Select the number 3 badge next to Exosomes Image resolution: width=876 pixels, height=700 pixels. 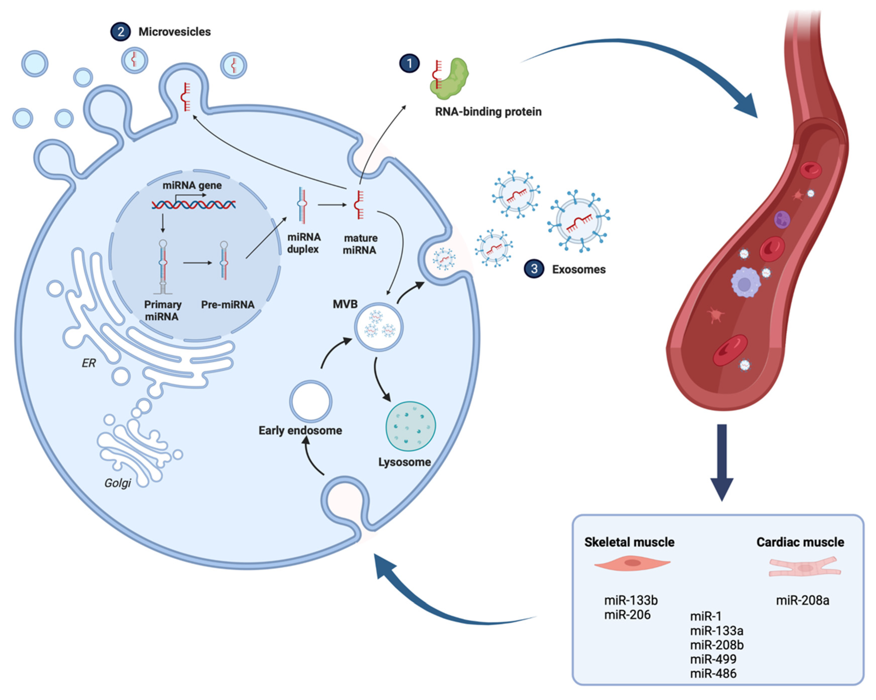(534, 269)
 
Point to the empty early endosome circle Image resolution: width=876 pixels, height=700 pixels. (311, 401)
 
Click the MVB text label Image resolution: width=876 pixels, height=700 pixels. (345, 304)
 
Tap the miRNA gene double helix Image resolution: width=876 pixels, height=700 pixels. (194, 204)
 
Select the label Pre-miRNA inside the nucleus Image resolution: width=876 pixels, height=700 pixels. (228, 304)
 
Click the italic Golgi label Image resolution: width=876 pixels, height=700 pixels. (118, 483)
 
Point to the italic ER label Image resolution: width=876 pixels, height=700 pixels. (89, 363)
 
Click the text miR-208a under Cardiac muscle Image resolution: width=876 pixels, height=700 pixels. (802, 600)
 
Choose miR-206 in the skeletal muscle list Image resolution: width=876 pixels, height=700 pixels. (627, 615)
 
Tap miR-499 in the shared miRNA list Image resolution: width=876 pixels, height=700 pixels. (713, 659)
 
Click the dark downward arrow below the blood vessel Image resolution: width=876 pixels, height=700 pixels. (722, 463)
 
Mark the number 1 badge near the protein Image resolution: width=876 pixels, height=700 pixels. (409, 63)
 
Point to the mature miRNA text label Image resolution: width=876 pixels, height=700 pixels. (360, 244)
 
